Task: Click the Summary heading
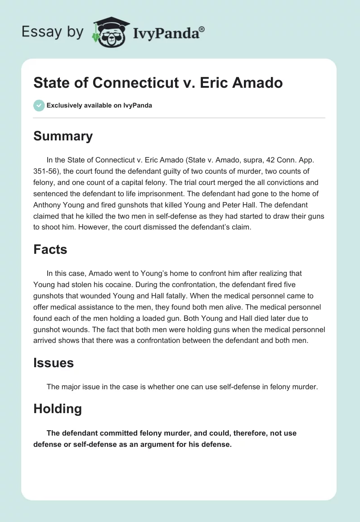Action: (x=63, y=136)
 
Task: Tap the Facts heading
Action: (x=50, y=249)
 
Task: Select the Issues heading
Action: (x=53, y=363)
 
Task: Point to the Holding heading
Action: (x=58, y=409)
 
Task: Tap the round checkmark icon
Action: (x=39, y=105)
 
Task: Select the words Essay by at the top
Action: (x=52, y=32)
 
